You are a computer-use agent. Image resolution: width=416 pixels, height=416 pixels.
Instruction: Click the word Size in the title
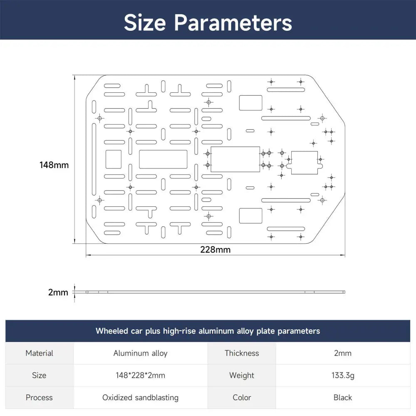pos(145,22)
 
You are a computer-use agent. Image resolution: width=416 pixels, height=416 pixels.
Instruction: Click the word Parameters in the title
pos(233,22)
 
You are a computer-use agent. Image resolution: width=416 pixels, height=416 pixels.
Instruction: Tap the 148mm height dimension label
pos(54,165)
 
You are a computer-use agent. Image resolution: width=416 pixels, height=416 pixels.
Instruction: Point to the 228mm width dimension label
pos(215,250)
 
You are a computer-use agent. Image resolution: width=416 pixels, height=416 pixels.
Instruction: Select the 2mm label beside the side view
pos(58,292)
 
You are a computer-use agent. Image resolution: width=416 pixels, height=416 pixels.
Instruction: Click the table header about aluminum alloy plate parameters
pos(208,331)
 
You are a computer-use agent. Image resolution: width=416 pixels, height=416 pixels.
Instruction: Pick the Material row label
pos(39,353)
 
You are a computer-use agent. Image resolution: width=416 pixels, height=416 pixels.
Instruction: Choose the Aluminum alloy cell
pos(140,353)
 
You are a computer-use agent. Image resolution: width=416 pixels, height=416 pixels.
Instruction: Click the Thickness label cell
pos(242,353)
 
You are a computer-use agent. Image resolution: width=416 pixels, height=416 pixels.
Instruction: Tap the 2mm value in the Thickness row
pos(343,353)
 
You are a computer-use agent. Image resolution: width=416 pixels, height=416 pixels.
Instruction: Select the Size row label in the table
pos(39,375)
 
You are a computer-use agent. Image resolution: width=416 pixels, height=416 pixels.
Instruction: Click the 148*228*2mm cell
pos(140,375)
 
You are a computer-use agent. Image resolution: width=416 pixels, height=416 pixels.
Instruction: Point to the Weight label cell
pos(242,375)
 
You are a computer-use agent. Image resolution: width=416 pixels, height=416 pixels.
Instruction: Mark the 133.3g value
pos(343,375)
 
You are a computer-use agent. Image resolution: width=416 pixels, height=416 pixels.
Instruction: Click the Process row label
pos(39,397)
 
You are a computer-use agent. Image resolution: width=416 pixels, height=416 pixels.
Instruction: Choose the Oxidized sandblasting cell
pos(140,398)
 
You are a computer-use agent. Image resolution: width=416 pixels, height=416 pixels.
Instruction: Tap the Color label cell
pos(242,397)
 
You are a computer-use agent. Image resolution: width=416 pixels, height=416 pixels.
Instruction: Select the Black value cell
pos(343,397)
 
